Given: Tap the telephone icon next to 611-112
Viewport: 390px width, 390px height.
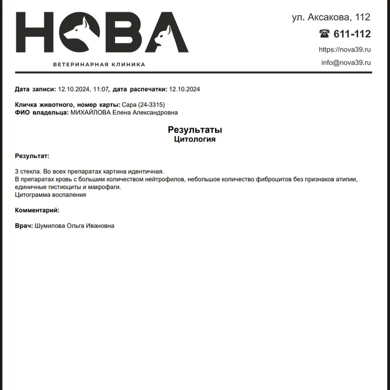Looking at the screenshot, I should (x=324, y=33).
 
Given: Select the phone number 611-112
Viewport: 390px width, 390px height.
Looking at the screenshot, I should (x=352, y=33).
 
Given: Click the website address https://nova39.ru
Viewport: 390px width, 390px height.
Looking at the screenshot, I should (x=344, y=50).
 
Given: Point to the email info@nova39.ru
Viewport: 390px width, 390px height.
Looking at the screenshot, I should (x=345, y=62).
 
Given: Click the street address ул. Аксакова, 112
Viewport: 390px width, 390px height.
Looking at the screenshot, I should (x=331, y=17).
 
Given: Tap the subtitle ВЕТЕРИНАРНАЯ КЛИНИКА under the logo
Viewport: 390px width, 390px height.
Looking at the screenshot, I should (x=99, y=65).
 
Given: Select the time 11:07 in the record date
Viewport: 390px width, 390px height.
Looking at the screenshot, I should (x=101, y=89).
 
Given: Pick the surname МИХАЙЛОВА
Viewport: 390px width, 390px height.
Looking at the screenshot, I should (x=90, y=113).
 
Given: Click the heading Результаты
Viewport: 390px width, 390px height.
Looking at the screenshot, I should (x=195, y=130).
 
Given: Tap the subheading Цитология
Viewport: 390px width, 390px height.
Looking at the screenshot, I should (x=195, y=139).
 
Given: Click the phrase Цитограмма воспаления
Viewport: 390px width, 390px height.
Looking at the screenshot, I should (x=51, y=195).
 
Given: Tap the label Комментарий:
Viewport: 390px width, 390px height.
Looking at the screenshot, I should (x=37, y=210).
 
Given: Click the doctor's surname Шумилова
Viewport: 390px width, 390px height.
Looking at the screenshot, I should (x=50, y=226).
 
